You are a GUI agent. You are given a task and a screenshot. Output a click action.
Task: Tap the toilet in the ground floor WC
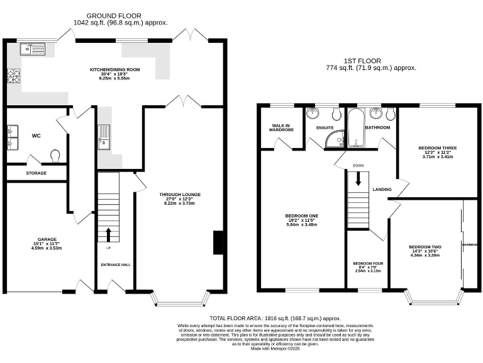[x=55, y=155]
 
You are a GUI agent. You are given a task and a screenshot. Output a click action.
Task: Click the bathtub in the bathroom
[x=355, y=129]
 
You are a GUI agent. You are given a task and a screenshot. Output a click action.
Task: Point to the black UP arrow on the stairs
[x=108, y=235]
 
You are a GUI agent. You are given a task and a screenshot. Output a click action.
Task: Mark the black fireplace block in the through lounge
[x=218, y=243]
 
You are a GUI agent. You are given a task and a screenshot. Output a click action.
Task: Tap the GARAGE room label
[x=47, y=239]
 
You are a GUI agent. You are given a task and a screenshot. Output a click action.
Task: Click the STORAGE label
[x=36, y=173]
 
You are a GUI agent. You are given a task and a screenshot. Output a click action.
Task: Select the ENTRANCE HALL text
[x=116, y=265]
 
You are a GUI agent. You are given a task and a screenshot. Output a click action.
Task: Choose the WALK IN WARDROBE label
[x=279, y=128]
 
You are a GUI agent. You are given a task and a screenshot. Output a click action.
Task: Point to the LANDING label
[x=382, y=190]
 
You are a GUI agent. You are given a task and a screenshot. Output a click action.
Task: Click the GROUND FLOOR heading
[x=114, y=16]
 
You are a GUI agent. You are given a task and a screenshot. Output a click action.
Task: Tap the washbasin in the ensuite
[x=313, y=114]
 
